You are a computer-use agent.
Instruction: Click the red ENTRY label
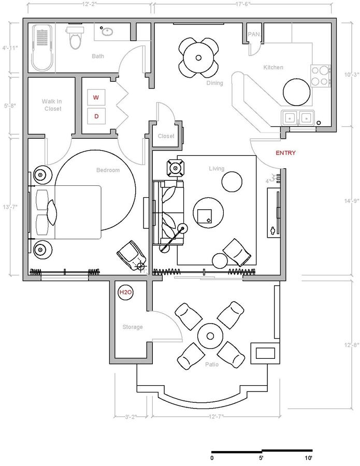tap(285, 153)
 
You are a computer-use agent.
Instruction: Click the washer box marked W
tap(96, 97)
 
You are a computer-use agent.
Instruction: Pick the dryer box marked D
tap(96, 116)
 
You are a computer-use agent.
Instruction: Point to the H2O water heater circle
tap(126, 293)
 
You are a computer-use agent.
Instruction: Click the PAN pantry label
tap(254, 34)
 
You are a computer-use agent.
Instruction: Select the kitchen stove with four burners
tap(321, 75)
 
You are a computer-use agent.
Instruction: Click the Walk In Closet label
tap(52, 105)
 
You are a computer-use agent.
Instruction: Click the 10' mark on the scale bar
tap(308, 458)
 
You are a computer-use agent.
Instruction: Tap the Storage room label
tap(132, 327)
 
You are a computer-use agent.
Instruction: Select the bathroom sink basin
tap(107, 32)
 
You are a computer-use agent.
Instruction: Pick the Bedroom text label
tap(108, 170)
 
